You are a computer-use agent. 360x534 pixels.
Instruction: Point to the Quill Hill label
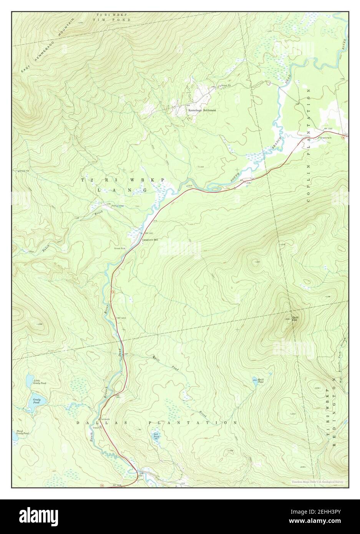295,318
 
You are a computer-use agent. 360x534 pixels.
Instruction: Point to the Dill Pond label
156,436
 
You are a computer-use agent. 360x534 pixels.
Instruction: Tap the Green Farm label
327,138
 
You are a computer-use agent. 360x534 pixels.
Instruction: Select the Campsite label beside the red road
105,419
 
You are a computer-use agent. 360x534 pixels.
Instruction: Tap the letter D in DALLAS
78,423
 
